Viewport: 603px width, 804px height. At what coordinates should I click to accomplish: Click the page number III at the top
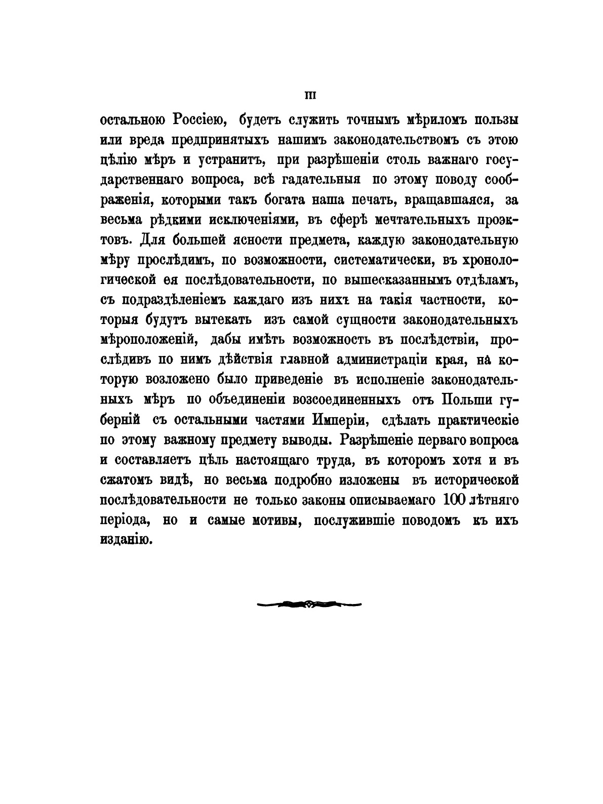[x=309, y=95]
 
